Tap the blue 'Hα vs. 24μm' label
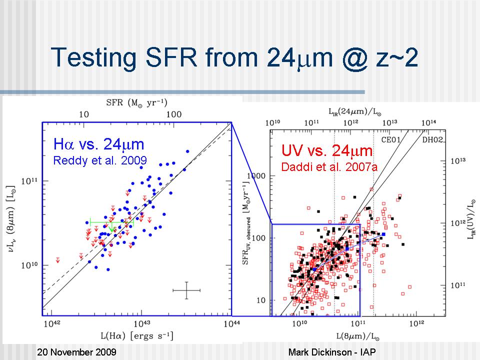pyautogui.click(x=98, y=145)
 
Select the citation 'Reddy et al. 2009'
pyautogui.click(x=100, y=160)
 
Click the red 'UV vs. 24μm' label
pyautogui.click(x=327, y=150)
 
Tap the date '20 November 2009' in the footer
pyautogui.click(x=77, y=352)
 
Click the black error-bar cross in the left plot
pyautogui.click(x=186, y=290)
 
